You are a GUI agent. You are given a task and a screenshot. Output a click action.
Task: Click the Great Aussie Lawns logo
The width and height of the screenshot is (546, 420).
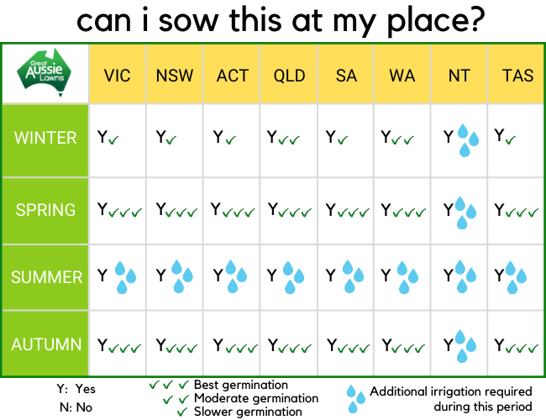45,72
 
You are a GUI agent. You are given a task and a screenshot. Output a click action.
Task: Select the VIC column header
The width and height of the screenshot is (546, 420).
117,76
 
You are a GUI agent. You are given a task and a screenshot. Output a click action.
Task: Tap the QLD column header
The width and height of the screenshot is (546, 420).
289,76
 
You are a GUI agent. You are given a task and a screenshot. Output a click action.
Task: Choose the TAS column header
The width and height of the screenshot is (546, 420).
517,76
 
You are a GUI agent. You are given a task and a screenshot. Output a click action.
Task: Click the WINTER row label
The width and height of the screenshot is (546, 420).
45,138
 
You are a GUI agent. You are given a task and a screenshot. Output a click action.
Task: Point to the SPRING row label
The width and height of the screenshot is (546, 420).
45,210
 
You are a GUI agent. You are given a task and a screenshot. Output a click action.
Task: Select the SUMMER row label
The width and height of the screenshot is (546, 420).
46,277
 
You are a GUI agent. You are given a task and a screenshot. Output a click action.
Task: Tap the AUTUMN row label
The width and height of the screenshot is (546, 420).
46,344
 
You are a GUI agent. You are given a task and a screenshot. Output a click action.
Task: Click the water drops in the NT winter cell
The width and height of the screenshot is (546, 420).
468,140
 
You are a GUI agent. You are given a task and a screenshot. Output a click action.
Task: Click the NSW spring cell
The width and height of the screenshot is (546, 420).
175,210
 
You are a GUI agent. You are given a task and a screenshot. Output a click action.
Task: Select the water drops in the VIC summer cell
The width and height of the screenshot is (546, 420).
125,277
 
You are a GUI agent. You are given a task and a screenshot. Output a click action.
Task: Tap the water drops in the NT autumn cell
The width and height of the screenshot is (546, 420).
465,346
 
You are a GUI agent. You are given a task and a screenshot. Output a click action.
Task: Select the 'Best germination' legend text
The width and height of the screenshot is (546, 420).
241,385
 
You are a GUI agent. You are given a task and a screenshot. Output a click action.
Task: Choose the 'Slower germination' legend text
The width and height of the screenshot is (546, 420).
248,412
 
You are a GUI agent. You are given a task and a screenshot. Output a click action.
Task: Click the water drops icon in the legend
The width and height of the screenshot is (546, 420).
355,399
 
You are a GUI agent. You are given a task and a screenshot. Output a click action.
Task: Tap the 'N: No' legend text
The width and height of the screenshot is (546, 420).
76,407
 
